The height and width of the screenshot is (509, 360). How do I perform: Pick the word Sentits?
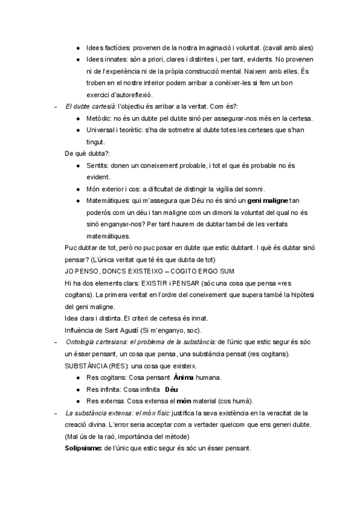point(98,165)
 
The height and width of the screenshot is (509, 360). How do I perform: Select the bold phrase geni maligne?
point(268,200)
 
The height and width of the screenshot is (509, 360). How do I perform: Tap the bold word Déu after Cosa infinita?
point(172,389)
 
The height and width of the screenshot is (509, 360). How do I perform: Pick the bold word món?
point(183,401)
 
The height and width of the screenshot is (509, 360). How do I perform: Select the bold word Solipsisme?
point(84,448)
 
